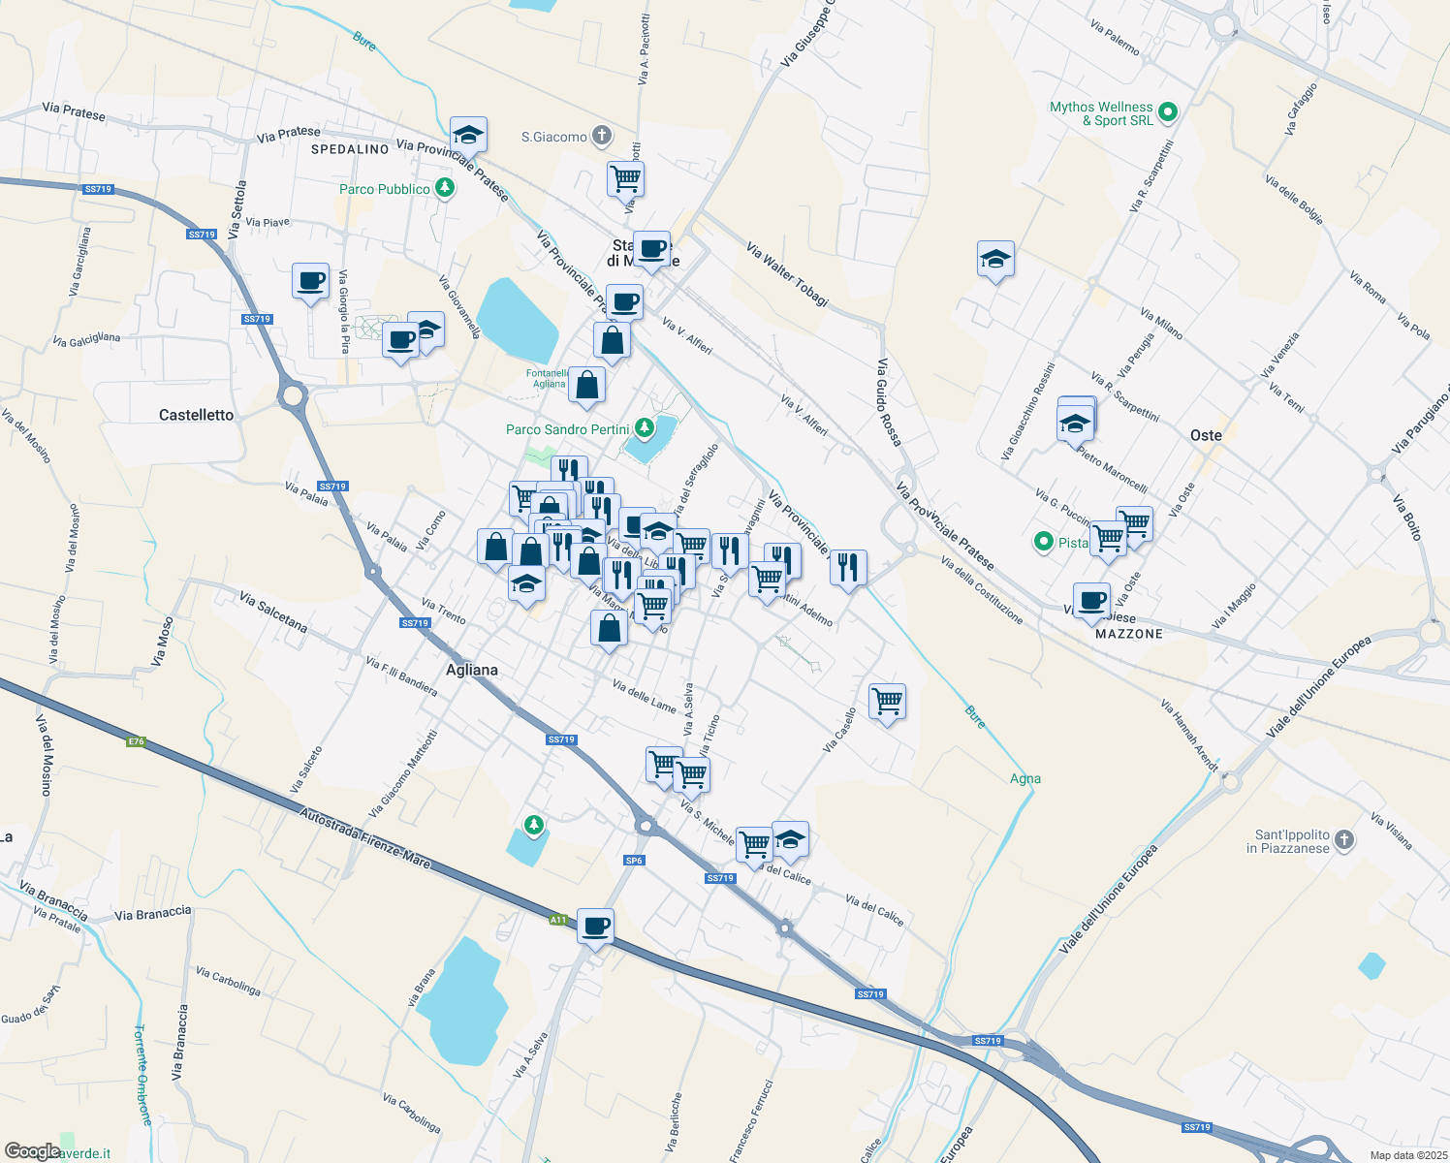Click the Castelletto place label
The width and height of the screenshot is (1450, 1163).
pos(196,415)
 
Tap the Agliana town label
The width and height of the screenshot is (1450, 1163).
pos(472,670)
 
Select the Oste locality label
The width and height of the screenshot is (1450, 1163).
pos(1206,435)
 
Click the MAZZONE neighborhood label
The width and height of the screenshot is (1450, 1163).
pos(1129,634)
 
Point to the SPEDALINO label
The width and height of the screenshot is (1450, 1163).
pos(350,149)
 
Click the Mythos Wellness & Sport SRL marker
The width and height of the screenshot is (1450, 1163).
pos(1168,112)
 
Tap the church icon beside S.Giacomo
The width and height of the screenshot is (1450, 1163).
pos(602,136)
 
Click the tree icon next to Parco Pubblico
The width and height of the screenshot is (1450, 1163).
pos(445,187)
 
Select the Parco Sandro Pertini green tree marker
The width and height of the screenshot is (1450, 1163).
pos(645,428)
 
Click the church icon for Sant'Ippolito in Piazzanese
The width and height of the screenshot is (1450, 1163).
pos(1343,840)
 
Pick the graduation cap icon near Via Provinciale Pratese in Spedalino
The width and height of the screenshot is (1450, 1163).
pos(468,134)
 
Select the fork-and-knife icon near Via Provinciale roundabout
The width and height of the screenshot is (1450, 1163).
pos(848,568)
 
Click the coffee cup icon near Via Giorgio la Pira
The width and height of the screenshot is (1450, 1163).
pos(310,281)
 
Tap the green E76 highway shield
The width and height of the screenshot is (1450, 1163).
pos(136,741)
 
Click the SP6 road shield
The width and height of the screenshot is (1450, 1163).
pos(634,860)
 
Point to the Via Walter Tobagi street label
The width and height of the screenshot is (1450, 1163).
pos(787,275)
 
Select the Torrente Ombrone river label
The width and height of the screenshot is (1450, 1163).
pos(142,1074)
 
